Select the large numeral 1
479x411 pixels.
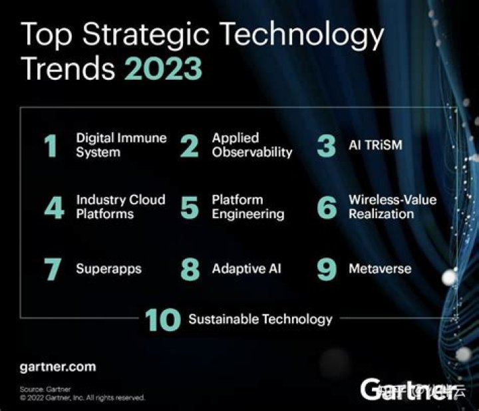click(51, 146)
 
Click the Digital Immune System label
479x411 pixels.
click(121, 145)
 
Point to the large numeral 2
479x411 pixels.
click(190, 146)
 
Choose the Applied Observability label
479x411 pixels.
click(251, 145)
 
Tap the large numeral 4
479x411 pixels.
click(53, 207)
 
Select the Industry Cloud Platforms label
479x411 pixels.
click(120, 207)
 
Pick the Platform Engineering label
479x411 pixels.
click(247, 207)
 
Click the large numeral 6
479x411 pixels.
click(327, 207)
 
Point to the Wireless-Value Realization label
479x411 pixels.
click(391, 207)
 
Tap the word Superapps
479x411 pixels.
click(108, 269)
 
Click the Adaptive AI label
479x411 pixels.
click(246, 269)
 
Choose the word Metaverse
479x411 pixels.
click(380, 269)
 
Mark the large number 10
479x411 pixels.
click(163, 320)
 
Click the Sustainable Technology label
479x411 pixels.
click(260, 319)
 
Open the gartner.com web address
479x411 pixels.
click(58, 366)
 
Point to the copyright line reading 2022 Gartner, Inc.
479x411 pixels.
click(82, 398)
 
